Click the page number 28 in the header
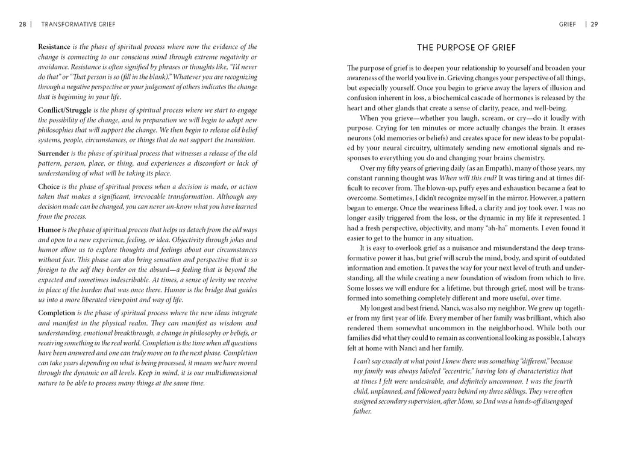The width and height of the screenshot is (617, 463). (x=22, y=25)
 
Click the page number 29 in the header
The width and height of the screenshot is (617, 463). (x=594, y=25)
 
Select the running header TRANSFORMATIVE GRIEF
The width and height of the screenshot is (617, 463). (x=78, y=25)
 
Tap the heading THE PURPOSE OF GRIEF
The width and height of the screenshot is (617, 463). (x=466, y=48)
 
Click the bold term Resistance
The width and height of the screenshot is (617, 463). (x=54, y=46)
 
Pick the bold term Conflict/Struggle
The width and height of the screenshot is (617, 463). (x=64, y=110)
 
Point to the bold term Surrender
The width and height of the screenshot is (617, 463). (x=53, y=153)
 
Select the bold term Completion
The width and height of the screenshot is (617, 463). (x=57, y=313)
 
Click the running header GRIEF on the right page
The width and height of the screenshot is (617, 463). (x=568, y=25)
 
